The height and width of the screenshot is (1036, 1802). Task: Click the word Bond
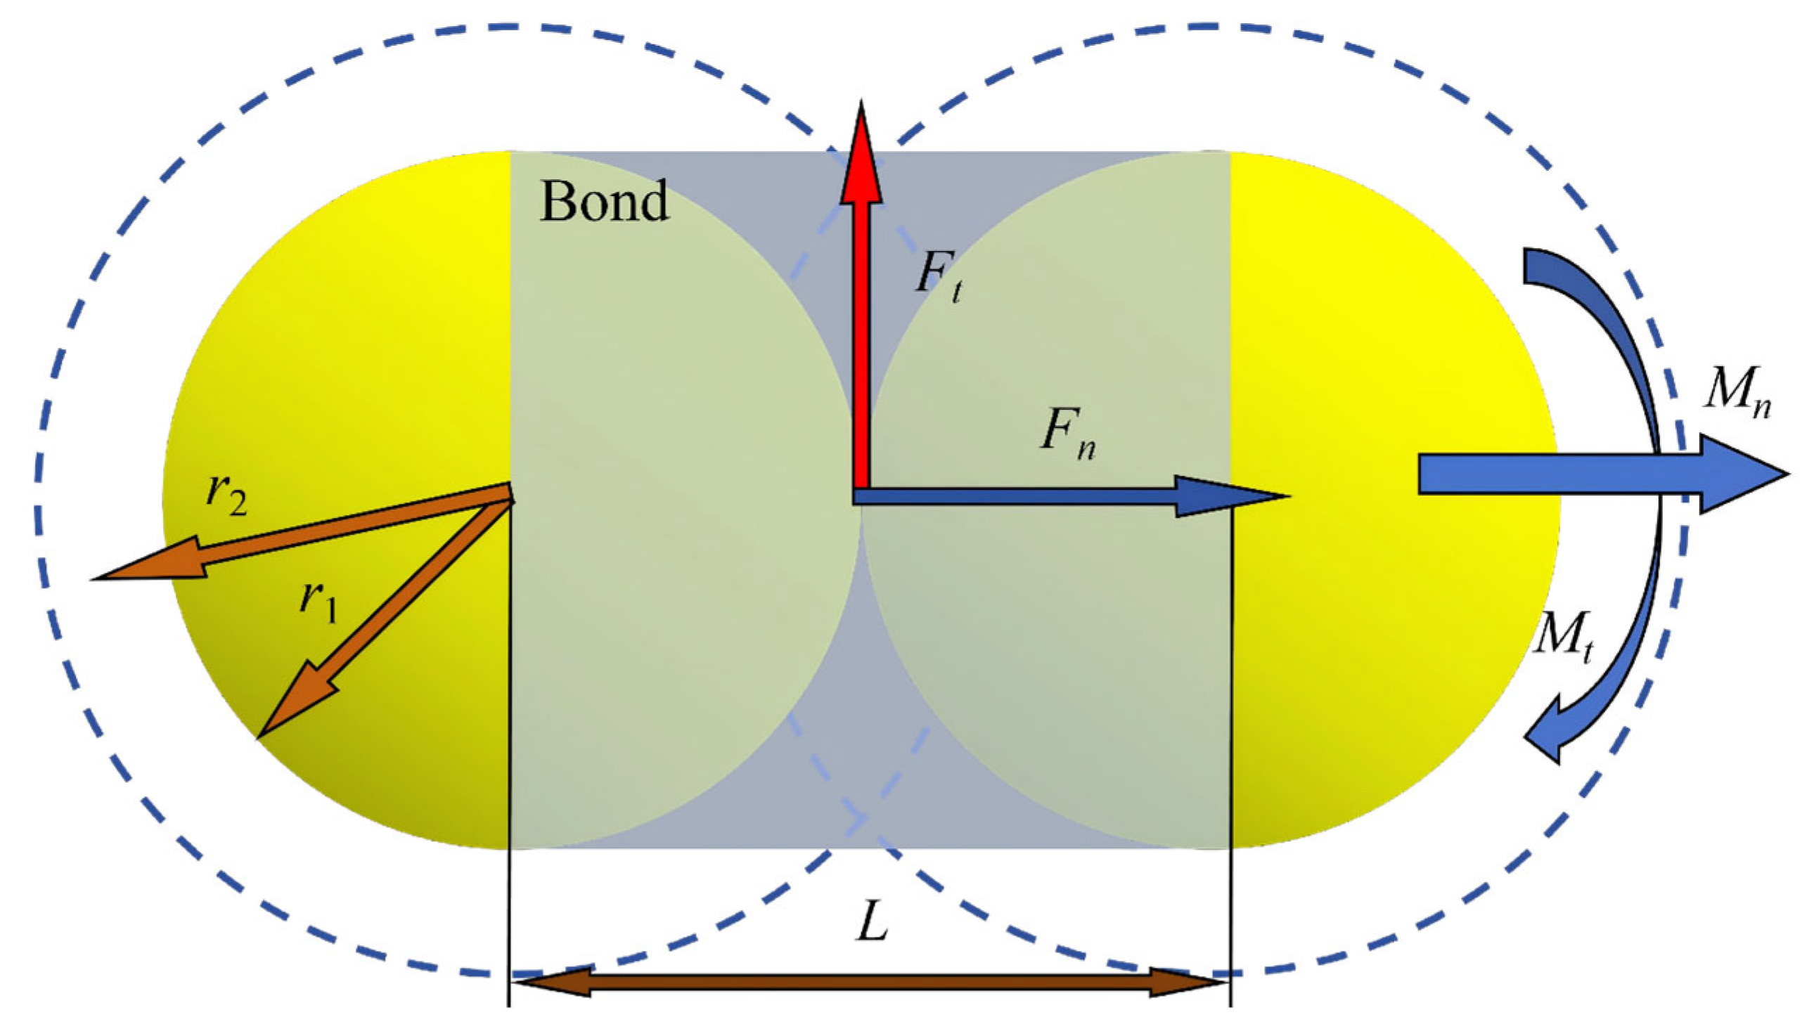tap(605, 201)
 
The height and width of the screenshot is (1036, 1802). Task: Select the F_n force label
tap(1067, 434)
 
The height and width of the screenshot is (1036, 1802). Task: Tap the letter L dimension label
tap(872, 925)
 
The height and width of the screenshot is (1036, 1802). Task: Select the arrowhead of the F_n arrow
tap(1231, 496)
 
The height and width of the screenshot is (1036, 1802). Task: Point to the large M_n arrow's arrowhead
tap(1744, 474)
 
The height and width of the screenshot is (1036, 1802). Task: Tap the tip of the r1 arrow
tap(259, 737)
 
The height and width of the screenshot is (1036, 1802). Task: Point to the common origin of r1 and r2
tap(511, 494)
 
